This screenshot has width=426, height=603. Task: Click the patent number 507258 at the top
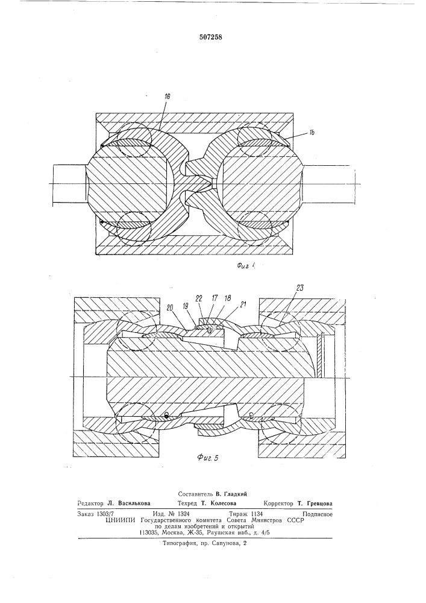pyautogui.click(x=211, y=37)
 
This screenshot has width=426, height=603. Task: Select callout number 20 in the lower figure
pyautogui.click(x=170, y=308)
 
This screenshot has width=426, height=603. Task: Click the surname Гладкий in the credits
pyautogui.click(x=235, y=493)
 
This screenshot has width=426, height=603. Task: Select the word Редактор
pyautogui.click(x=90, y=503)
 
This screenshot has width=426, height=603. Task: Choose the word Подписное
pyautogui.click(x=318, y=514)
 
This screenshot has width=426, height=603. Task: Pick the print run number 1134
pyautogui.click(x=256, y=513)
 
